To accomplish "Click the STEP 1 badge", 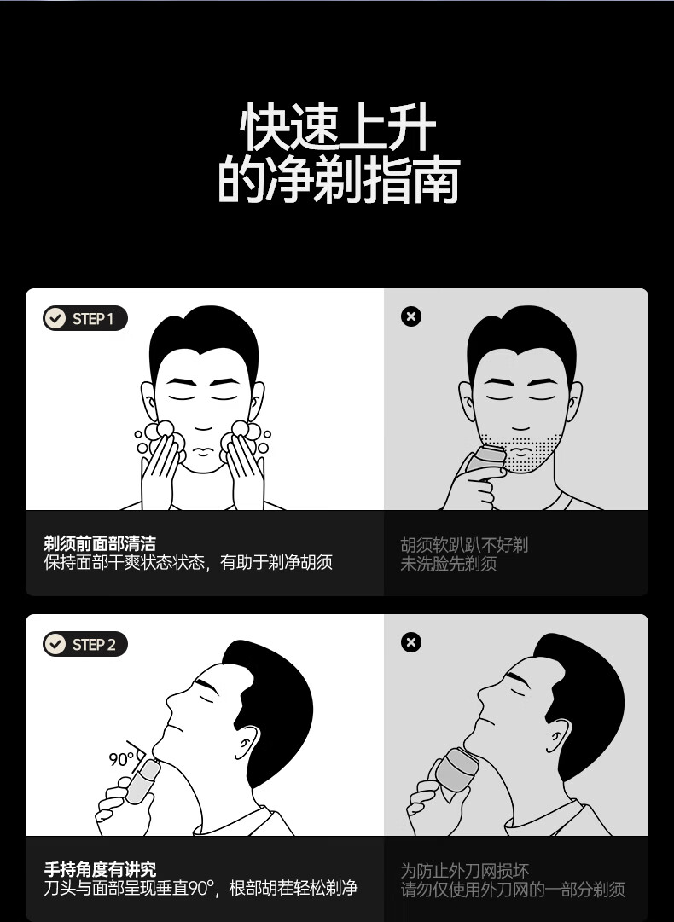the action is coord(85,318).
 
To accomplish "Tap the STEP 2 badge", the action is coord(85,644).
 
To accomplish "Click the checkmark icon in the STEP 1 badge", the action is coord(55,318).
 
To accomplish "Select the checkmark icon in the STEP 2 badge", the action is coord(55,644).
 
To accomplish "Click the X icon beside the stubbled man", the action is coord(411,316).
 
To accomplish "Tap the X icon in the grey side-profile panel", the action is coord(411,642).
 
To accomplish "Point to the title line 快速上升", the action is coord(338,127).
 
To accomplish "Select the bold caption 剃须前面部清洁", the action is coord(100,543).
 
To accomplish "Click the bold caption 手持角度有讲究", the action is coord(100,869).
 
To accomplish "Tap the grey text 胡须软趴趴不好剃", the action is coord(464,544).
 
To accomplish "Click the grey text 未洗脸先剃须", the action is coord(448,563).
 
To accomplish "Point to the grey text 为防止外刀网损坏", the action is coord(465,870).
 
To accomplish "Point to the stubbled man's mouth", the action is coord(521,451).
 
